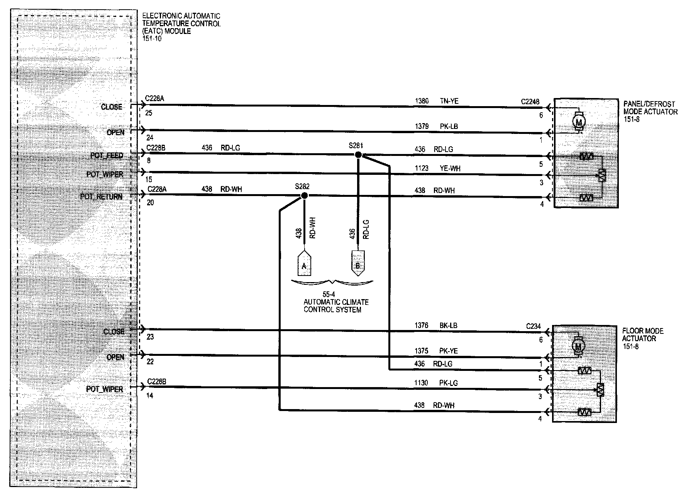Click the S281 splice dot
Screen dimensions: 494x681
coord(358,155)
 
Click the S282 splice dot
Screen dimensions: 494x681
coord(304,196)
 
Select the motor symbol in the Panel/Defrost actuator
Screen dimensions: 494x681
coord(579,121)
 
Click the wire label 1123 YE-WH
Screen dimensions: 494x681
coord(437,168)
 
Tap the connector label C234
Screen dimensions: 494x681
coord(533,326)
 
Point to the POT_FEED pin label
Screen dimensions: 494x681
coord(107,156)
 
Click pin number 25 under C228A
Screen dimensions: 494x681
coord(149,113)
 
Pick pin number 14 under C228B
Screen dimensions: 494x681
coord(150,396)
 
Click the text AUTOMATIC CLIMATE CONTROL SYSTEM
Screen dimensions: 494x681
coord(336,306)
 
